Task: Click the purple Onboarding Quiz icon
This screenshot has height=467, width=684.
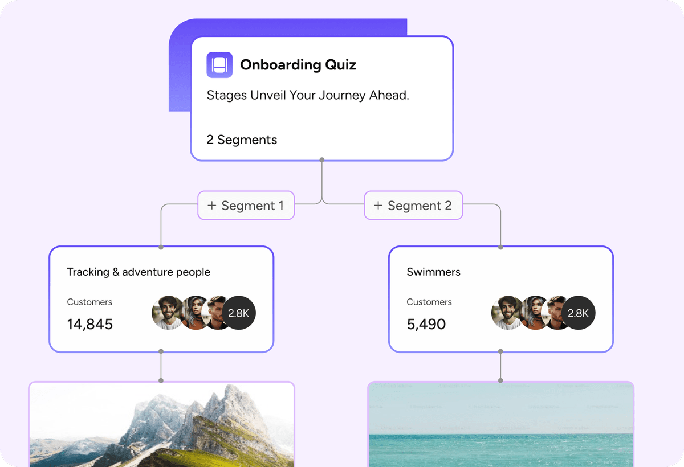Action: point(219,65)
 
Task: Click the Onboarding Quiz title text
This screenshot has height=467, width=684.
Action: point(298,65)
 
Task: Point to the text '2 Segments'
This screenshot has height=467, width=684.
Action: point(242,140)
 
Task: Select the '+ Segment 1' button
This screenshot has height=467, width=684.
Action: point(246,205)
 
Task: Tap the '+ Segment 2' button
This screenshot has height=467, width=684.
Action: point(413,205)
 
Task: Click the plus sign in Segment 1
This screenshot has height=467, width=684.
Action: point(212,205)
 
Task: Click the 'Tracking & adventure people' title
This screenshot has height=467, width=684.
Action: point(139,272)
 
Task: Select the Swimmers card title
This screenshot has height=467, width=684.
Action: point(433,272)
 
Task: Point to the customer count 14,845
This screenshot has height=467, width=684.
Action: point(90,324)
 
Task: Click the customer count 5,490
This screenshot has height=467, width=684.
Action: point(426,324)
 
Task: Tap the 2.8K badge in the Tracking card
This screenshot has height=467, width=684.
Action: point(239,313)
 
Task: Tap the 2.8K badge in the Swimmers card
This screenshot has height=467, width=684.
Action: point(579,313)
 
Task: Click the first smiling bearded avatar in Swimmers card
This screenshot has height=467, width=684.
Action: point(507,313)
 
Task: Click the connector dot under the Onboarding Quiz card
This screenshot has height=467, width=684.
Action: point(322,159)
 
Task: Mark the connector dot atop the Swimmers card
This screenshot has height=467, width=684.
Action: point(500,247)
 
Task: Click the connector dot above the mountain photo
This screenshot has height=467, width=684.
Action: point(161,380)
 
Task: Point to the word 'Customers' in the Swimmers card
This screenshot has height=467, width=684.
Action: point(429,302)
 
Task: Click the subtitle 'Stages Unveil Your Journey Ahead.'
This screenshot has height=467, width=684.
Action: point(308,95)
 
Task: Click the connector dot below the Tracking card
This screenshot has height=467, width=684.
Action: point(161,351)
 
